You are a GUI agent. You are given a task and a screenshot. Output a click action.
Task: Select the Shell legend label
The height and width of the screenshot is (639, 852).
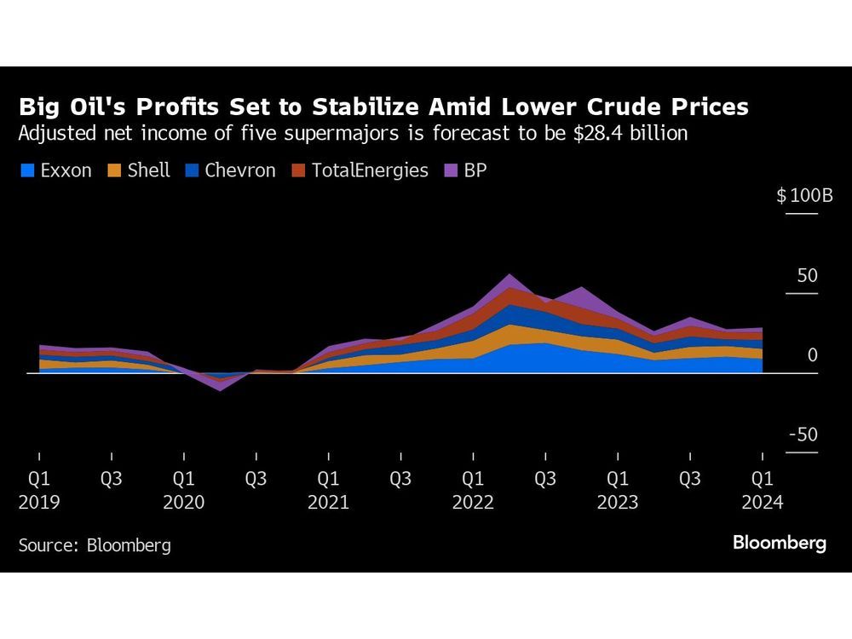pyautogui.click(x=148, y=170)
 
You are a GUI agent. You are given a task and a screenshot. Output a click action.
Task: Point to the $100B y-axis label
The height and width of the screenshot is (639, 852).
pyautogui.click(x=804, y=196)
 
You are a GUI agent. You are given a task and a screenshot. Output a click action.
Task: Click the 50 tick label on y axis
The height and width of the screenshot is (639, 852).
pyautogui.click(x=807, y=276)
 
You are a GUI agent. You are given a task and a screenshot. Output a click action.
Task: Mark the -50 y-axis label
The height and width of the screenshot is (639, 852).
pyautogui.click(x=803, y=435)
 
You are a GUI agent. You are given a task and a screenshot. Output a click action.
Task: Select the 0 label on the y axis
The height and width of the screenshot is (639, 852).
pyautogui.click(x=812, y=355)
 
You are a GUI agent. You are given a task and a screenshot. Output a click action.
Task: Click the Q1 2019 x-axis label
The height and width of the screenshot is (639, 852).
pyautogui.click(x=39, y=491)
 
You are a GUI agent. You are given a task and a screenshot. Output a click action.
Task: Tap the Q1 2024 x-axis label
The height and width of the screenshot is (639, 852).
pyautogui.click(x=763, y=491)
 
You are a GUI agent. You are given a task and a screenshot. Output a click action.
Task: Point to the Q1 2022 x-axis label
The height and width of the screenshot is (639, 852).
pyautogui.click(x=473, y=491)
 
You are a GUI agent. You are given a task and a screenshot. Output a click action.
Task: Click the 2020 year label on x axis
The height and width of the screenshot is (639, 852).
pyautogui.click(x=183, y=503)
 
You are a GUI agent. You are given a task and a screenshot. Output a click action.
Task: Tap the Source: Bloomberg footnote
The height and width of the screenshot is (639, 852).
pyautogui.click(x=94, y=545)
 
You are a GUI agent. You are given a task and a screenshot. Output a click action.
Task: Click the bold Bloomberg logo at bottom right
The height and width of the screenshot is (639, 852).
pyautogui.click(x=780, y=543)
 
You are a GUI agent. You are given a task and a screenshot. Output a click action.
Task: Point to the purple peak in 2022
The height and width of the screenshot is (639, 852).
pyautogui.click(x=509, y=277)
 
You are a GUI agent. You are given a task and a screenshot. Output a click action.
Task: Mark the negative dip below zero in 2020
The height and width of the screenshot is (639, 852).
pyautogui.click(x=220, y=388)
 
